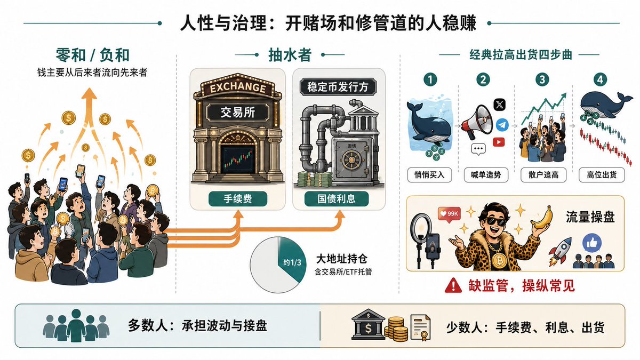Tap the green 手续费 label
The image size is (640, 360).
point(238,199)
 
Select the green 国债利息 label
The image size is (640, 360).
point(337,199)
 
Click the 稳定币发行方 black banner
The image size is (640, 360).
point(338,86)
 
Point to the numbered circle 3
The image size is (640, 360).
point(542,79)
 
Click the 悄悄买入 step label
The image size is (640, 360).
point(429,175)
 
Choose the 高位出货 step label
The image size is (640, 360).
point(602,175)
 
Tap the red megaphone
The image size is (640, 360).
point(476,122)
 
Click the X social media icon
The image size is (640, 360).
point(500,105)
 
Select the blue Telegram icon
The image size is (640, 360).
point(502,125)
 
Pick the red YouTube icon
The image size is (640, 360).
point(499,142)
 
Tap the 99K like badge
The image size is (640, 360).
point(449,214)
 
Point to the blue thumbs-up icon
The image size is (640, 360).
point(592,243)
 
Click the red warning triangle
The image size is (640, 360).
point(453,285)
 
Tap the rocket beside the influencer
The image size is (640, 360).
point(561,252)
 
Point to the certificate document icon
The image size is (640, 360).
point(420,327)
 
